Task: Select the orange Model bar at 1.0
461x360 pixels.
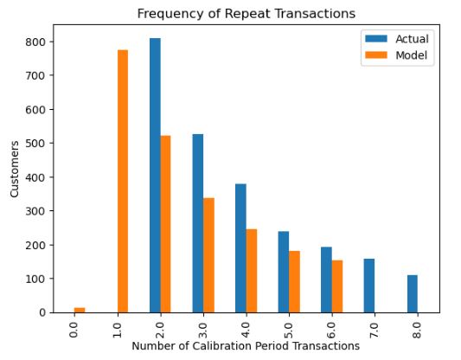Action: [123, 181]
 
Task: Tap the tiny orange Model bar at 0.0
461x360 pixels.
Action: [80, 309]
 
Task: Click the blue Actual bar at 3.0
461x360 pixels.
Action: [197, 223]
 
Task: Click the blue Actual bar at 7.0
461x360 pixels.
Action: [369, 285]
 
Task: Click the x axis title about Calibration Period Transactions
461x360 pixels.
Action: [246, 346]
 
